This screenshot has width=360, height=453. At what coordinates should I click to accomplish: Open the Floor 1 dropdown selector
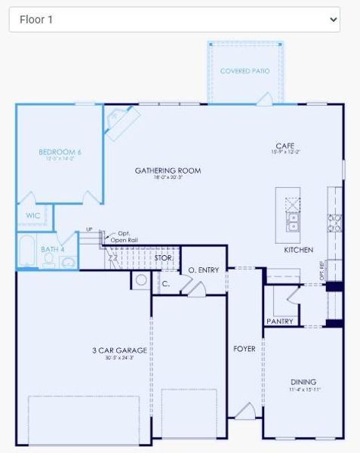[174, 20]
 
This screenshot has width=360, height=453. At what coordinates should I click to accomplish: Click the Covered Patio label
[245, 71]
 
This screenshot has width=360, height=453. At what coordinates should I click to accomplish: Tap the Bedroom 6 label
[60, 153]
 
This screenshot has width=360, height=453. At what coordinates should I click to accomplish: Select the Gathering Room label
[168, 171]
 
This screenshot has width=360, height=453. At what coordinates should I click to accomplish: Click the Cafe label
[285, 146]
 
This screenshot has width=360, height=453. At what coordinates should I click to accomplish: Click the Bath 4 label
[53, 248]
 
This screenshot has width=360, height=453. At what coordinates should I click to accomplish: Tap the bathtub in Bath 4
[26, 251]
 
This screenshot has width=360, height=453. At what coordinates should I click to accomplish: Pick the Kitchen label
[298, 249]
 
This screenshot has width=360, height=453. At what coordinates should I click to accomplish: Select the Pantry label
[279, 321]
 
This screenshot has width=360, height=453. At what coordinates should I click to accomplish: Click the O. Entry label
[203, 270]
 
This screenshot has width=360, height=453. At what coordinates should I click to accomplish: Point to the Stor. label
[164, 257]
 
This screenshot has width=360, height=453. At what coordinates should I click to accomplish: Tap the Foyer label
[244, 349]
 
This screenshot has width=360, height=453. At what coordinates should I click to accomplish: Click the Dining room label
[303, 382]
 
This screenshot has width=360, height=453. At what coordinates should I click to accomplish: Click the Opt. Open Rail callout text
[123, 237]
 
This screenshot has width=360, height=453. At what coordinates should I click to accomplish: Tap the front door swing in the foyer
[245, 411]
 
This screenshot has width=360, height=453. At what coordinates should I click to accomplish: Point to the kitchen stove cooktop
[333, 221]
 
